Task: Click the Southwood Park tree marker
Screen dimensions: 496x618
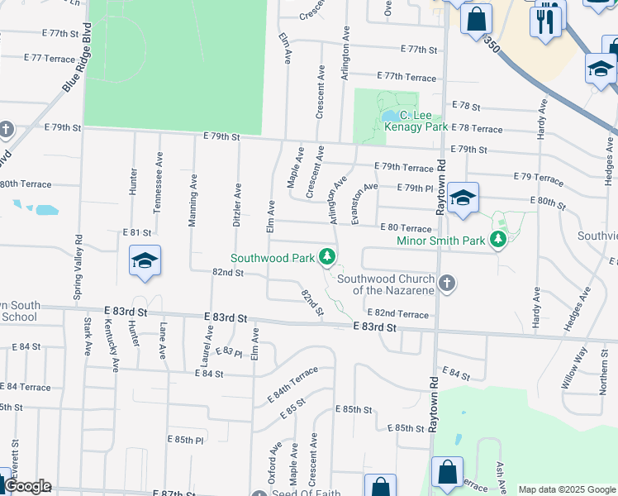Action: pyautogui.click(x=328, y=257)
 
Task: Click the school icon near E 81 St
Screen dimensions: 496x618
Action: pyautogui.click(x=145, y=260)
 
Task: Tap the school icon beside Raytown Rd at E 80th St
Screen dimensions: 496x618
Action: pyautogui.click(x=463, y=198)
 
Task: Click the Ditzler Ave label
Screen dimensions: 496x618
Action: pyautogui.click(x=237, y=205)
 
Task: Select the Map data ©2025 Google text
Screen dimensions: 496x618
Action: pyautogui.click(x=567, y=489)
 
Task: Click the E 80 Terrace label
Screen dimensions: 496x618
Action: pyautogui.click(x=406, y=227)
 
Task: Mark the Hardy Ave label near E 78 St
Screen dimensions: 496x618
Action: pyautogui.click(x=542, y=120)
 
